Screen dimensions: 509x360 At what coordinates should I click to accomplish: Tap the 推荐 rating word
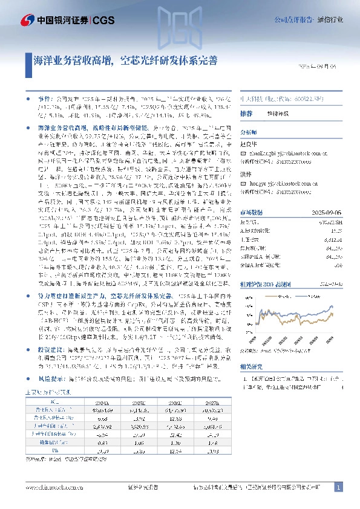[246, 114]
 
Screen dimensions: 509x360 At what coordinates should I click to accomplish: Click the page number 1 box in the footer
[338, 488]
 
